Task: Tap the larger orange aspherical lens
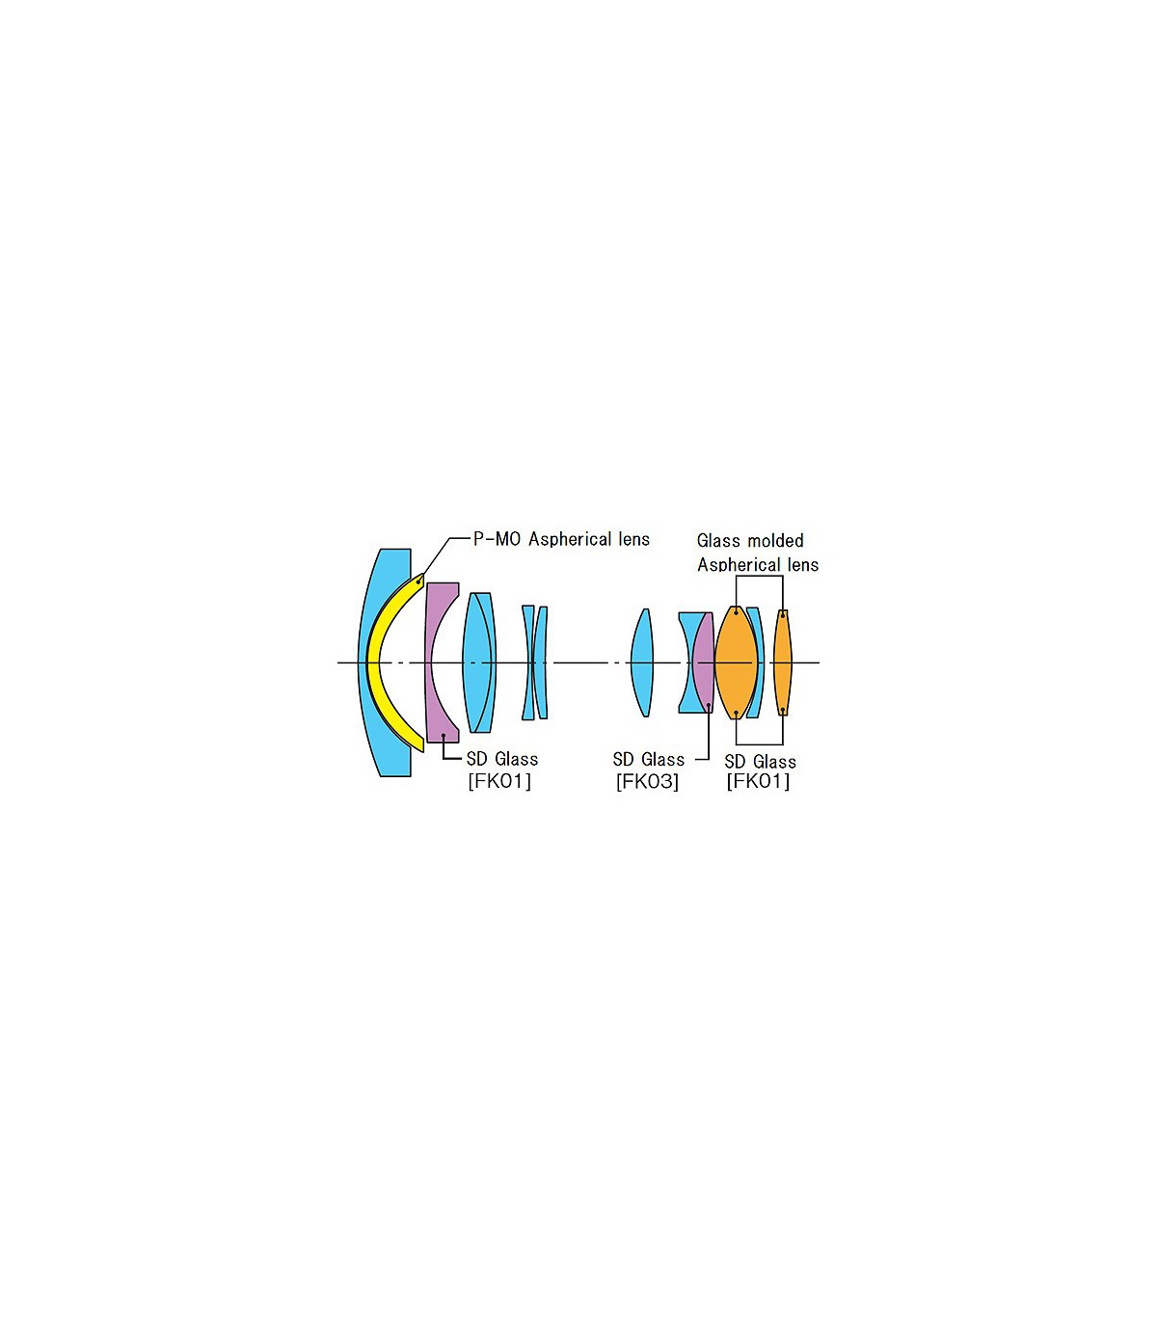tap(736, 662)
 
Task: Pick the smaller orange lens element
tap(783, 662)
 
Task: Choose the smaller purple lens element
tap(703, 662)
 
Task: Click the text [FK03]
tap(647, 782)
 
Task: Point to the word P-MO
tap(498, 539)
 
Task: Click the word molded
tap(773, 541)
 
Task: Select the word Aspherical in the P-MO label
tap(570, 540)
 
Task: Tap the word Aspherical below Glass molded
tap(739, 565)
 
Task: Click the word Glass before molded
tap(717, 541)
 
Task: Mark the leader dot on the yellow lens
tap(418, 581)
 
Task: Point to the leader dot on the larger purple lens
tap(443, 735)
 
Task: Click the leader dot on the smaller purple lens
tap(709, 705)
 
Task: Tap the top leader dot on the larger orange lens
tap(736, 612)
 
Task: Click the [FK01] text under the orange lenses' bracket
tap(758, 782)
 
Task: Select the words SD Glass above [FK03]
tap(648, 759)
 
